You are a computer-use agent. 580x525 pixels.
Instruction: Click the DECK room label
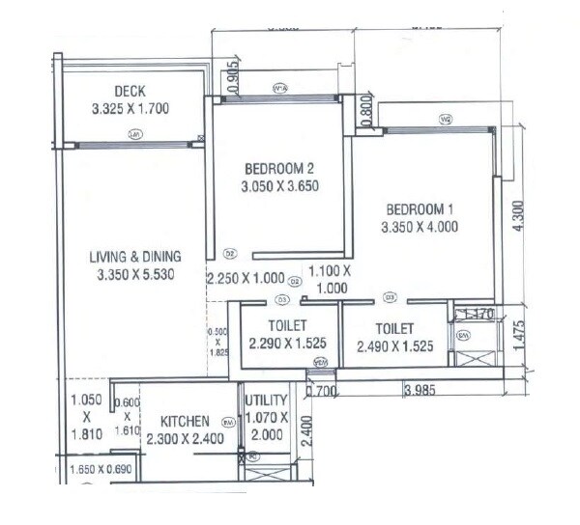click(129, 92)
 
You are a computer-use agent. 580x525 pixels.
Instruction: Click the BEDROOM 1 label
click(419, 209)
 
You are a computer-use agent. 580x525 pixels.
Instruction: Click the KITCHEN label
click(186, 422)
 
